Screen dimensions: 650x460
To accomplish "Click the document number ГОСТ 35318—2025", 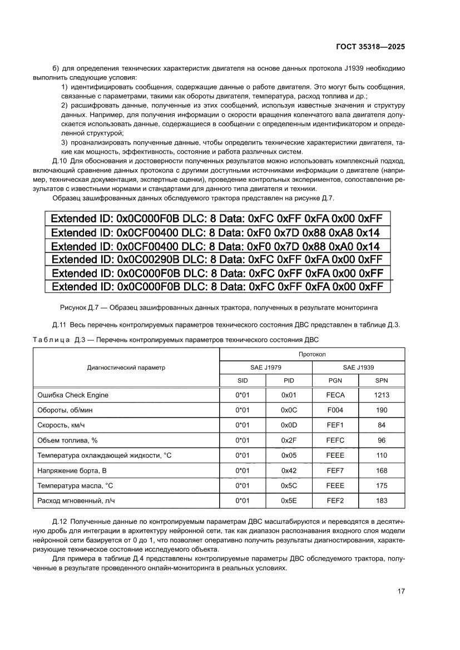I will [x=370, y=47].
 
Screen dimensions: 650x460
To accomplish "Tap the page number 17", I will [x=400, y=592].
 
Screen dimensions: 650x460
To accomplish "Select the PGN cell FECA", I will [x=335, y=395].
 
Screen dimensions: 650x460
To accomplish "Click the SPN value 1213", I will [x=382, y=395].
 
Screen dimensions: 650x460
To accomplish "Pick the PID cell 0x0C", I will [x=288, y=410].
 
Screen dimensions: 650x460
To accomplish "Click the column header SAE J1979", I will [x=265, y=367].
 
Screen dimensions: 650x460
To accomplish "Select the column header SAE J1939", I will [x=358, y=367].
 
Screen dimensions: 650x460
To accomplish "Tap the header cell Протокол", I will [x=312, y=354].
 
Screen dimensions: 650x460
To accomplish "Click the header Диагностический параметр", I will [x=126, y=367].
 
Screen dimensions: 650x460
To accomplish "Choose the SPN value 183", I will [x=382, y=500].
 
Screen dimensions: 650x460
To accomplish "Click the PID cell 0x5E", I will [x=288, y=500].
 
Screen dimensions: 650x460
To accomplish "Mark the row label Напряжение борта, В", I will [x=71, y=470].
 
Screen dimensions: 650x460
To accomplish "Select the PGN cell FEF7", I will [x=335, y=470].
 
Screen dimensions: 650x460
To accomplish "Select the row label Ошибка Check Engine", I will [x=72, y=395].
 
